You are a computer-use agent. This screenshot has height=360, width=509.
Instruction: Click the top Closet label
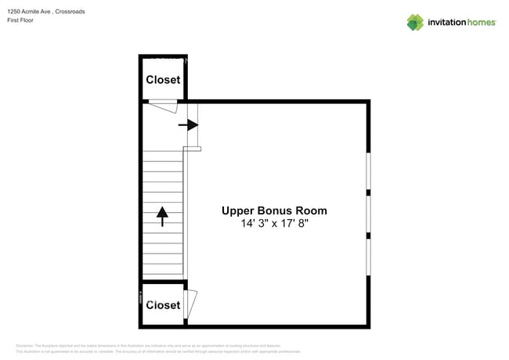click(163, 80)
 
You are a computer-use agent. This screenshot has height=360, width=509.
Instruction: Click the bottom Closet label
click(163, 305)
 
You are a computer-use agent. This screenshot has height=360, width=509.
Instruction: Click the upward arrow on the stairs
click(162, 215)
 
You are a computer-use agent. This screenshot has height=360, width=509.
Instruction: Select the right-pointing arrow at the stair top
click(188, 124)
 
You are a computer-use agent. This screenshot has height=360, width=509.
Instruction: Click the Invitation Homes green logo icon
click(415, 23)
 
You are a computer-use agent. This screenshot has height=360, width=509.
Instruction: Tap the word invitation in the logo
click(446, 23)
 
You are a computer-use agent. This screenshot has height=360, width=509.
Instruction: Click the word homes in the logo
click(482, 23)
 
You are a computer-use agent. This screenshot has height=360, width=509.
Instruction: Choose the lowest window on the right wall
click(368, 255)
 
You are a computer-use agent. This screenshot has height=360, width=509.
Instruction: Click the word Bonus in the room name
click(276, 211)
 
